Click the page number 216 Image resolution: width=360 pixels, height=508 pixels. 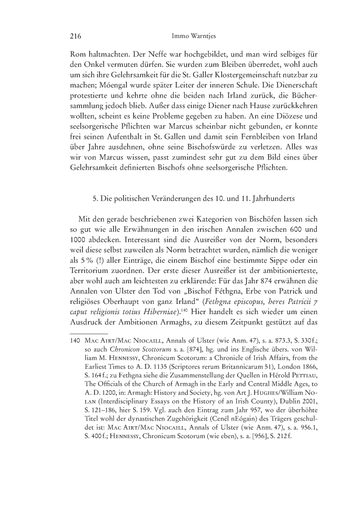pyautogui.click(x=76, y=36)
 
